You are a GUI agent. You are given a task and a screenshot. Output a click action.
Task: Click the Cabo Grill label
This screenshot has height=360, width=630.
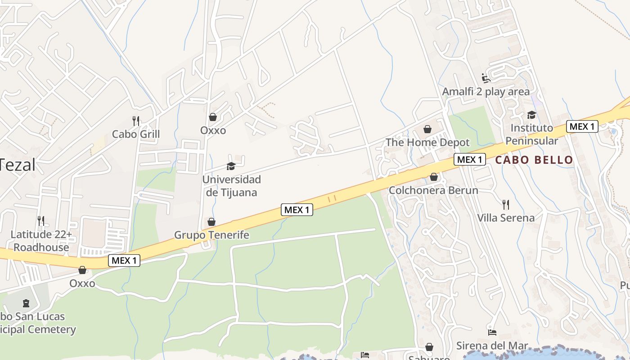(136, 134)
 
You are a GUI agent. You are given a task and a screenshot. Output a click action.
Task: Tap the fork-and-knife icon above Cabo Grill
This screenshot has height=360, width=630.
(136, 121)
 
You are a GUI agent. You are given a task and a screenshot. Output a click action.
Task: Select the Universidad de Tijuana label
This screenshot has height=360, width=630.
(231, 186)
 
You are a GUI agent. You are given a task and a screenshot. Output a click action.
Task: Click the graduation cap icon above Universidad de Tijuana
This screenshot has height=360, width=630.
(231, 166)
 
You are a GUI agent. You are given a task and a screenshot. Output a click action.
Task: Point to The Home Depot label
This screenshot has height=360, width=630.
(427, 143)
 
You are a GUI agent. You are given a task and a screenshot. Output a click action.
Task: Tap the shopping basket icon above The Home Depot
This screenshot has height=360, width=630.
(427, 130)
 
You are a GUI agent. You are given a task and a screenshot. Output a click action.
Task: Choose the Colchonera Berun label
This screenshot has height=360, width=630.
(433, 190)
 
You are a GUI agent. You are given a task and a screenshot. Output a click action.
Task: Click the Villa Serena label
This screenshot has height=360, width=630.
(506, 218)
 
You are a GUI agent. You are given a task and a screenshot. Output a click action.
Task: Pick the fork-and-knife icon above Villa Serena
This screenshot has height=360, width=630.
(506, 205)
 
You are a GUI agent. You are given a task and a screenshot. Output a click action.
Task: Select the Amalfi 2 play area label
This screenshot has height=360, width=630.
(486, 92)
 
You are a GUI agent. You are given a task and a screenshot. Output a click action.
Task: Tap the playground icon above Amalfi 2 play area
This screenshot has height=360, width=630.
(486, 78)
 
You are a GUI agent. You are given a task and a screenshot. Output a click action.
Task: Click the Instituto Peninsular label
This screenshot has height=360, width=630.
(531, 134)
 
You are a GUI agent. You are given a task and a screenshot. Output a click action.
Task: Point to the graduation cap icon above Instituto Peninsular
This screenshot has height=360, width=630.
(531, 115)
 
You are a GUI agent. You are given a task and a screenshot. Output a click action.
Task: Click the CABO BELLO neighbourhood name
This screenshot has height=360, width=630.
(534, 160)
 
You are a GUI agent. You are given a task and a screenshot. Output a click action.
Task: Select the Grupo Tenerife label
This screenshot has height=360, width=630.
(211, 235)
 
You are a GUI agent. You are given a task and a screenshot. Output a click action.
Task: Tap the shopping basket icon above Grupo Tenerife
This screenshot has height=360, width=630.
(211, 222)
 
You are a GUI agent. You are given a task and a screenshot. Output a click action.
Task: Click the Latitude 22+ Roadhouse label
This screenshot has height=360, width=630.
(41, 241)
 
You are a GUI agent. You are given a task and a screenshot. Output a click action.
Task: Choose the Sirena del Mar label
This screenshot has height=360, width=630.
(492, 346)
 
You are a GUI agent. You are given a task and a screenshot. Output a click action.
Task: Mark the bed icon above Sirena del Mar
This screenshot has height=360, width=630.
(492, 333)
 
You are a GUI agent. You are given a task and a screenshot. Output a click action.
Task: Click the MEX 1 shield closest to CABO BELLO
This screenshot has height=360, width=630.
(470, 159)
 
